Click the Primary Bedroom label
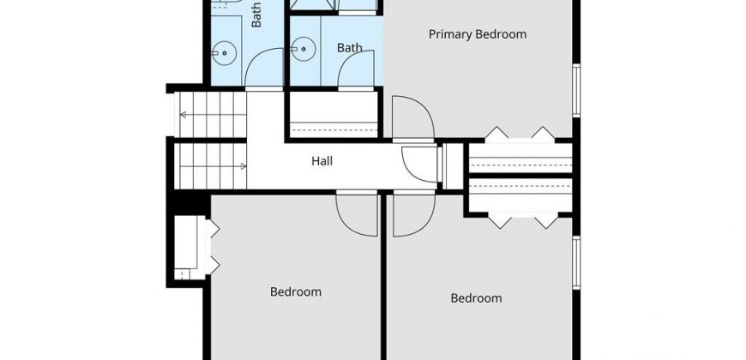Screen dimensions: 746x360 (478, 35)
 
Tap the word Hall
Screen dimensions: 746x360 (322, 161)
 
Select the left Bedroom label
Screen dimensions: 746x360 (296, 291)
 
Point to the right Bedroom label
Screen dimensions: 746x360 (476, 298)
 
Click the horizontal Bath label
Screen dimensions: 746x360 (350, 47)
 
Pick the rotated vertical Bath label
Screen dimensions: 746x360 (256, 15)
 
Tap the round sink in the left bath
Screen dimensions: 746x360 (224, 52)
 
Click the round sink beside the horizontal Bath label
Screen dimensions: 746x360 (303, 50)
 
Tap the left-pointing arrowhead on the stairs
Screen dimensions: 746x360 (183, 115)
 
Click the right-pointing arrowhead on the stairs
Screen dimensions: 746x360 (244, 166)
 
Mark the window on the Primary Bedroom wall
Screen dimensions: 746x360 (576, 90)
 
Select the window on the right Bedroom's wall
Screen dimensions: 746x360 (576, 262)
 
